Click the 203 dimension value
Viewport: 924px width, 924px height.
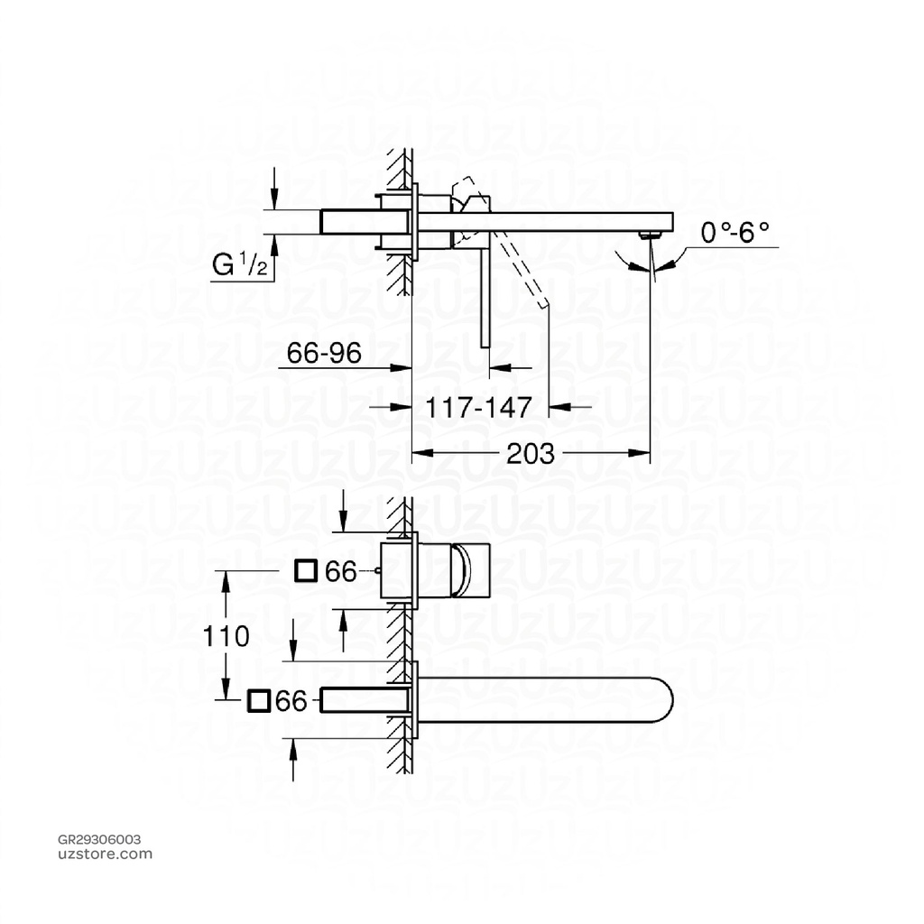click(x=531, y=454)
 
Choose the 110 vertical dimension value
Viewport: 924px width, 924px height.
click(x=225, y=637)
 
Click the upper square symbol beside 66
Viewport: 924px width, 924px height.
click(x=307, y=570)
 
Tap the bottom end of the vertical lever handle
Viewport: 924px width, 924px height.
click(x=486, y=344)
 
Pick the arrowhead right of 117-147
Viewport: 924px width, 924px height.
click(x=559, y=407)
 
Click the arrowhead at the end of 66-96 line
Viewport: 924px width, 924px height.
click(x=405, y=367)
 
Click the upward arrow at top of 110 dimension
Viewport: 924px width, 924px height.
click(x=226, y=577)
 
